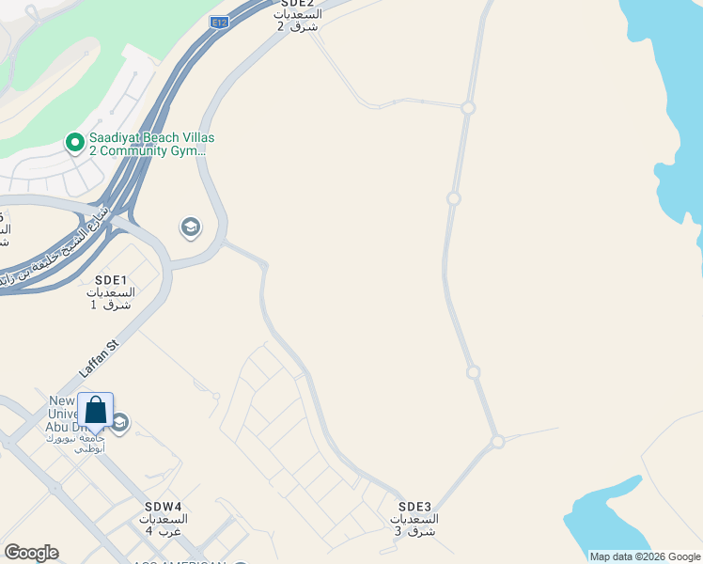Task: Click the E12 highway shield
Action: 220,22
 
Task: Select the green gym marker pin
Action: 74,143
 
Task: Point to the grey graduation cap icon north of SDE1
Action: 191,227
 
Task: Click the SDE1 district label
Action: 111,280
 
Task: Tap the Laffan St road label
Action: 100,359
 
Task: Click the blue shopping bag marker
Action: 95,412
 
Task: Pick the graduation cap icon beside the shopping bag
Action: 119,424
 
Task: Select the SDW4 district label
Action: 164,506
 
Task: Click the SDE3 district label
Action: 414,506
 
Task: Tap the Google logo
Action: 31,553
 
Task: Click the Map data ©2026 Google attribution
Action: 645,556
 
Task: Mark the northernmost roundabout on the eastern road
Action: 468,108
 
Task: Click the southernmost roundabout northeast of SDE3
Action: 497,441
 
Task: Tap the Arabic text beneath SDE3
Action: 414,525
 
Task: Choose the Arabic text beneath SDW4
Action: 164,525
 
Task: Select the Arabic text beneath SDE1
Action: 111,299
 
